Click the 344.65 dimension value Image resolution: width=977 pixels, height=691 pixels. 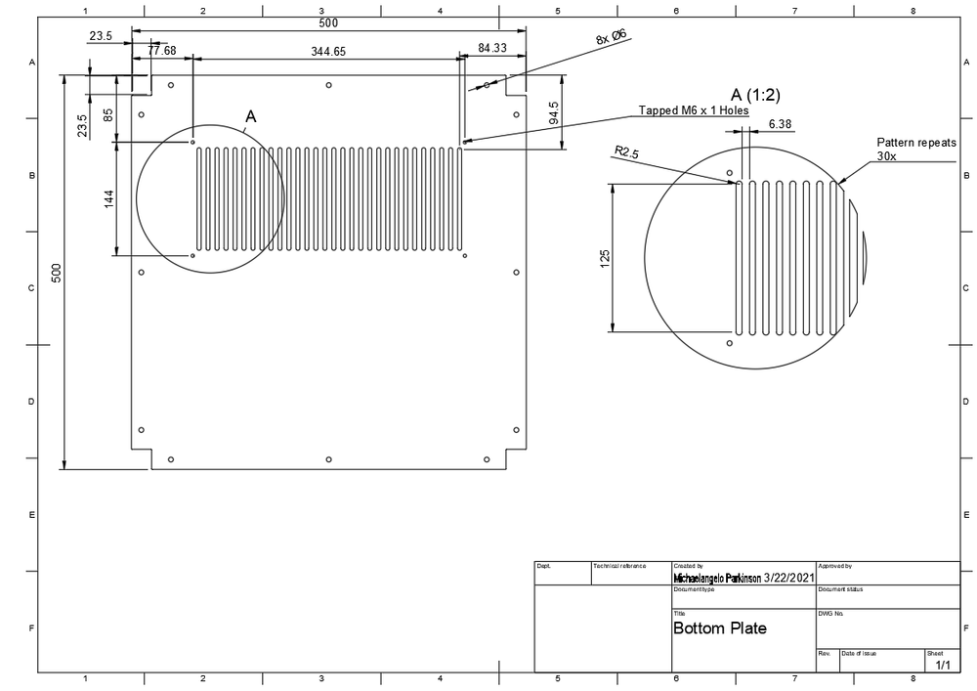click(x=327, y=51)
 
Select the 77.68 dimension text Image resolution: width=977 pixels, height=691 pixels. click(x=162, y=50)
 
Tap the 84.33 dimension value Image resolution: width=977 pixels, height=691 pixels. click(x=492, y=48)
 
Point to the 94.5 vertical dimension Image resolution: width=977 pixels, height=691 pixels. click(x=554, y=115)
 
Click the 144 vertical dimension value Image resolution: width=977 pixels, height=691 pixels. click(x=109, y=199)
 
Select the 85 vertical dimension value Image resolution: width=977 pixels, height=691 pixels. click(x=107, y=114)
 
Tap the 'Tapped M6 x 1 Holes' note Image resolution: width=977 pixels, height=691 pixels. click(x=694, y=110)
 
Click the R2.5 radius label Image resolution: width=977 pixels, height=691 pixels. click(x=625, y=152)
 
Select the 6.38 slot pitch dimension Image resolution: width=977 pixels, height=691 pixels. click(x=781, y=124)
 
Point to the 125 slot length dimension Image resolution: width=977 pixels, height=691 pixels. click(x=605, y=258)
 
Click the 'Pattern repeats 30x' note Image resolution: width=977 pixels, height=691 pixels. click(x=915, y=149)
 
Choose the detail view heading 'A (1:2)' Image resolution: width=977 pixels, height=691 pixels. click(x=755, y=95)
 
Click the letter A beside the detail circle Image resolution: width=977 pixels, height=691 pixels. click(x=250, y=116)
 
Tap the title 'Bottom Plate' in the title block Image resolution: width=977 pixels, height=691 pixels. click(x=720, y=628)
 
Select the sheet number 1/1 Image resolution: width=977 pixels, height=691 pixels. click(x=943, y=666)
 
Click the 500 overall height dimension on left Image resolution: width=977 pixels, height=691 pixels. click(x=57, y=273)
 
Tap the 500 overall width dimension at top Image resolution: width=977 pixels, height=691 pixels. click(x=328, y=22)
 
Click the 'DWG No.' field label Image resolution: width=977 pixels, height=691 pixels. click(x=829, y=614)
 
